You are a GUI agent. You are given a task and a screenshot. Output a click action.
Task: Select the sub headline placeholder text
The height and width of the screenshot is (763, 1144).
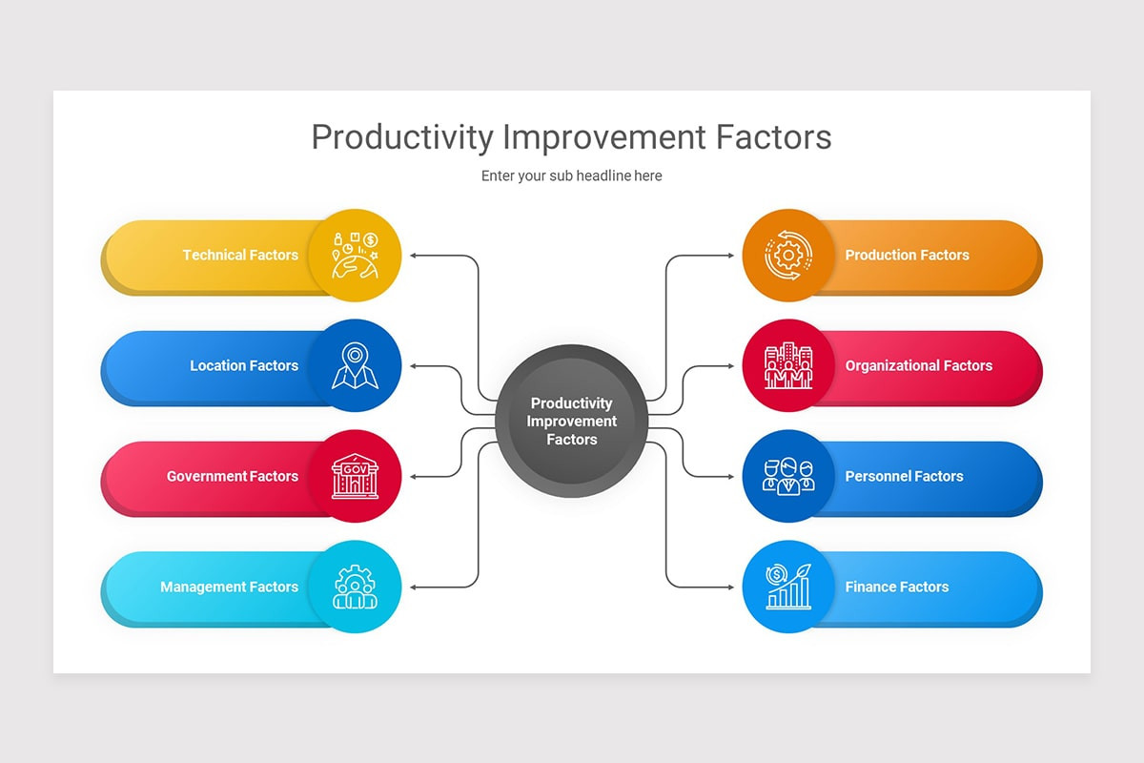(x=571, y=175)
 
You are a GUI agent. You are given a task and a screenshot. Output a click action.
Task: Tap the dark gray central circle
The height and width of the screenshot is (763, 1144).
(x=572, y=421)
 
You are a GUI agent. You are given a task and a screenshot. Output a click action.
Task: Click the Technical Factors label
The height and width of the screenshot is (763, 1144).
(x=240, y=255)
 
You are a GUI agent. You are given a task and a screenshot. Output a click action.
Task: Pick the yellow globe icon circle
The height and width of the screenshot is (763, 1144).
(x=355, y=256)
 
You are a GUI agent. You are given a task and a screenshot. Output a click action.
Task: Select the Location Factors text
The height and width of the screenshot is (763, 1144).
(x=244, y=365)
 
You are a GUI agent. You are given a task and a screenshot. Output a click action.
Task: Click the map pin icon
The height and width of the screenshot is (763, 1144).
(x=355, y=366)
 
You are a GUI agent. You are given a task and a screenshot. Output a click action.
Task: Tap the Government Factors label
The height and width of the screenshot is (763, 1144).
(x=233, y=476)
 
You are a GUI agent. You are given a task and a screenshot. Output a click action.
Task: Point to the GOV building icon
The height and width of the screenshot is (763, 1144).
(x=355, y=477)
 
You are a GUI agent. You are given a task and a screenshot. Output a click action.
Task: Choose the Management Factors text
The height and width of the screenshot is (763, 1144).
(x=229, y=587)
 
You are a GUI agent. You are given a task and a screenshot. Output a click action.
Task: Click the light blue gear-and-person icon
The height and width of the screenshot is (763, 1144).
(x=355, y=588)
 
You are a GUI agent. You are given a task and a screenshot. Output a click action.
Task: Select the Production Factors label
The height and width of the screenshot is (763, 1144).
(x=907, y=255)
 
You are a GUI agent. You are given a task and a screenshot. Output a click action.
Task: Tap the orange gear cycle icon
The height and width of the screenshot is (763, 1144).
(x=788, y=256)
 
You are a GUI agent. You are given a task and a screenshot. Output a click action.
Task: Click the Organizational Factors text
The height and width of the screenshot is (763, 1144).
(x=919, y=365)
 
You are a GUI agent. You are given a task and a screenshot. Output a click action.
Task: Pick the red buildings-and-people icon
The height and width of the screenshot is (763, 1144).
(x=788, y=366)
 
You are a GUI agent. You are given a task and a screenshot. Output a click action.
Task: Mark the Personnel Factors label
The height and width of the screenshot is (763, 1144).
(x=904, y=476)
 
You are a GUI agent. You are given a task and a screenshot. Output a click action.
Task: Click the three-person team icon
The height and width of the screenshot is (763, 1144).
(x=788, y=477)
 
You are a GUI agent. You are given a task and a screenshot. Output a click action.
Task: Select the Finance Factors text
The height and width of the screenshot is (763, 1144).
(x=897, y=587)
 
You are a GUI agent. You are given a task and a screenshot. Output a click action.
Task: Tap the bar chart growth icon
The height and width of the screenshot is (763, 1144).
(x=788, y=588)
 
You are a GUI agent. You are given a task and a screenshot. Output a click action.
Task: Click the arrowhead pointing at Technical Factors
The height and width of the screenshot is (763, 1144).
(x=413, y=256)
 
